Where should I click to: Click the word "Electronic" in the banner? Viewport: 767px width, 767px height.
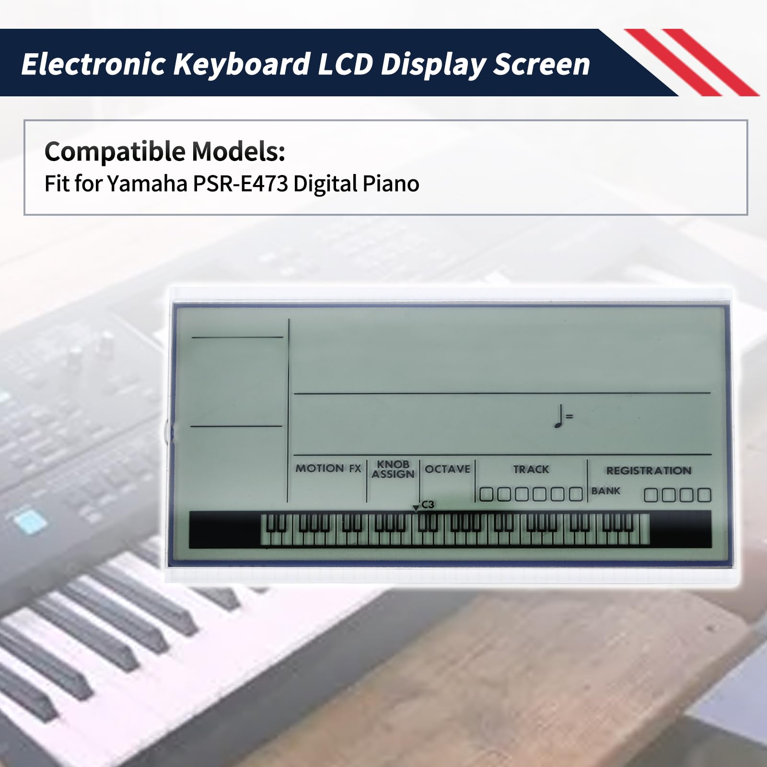click(x=94, y=64)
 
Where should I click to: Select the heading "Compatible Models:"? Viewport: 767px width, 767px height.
click(x=165, y=151)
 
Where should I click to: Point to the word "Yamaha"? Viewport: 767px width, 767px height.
click(x=147, y=183)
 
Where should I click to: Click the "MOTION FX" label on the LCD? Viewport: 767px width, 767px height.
click(x=328, y=468)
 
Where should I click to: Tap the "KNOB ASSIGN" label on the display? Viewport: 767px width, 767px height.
click(x=393, y=469)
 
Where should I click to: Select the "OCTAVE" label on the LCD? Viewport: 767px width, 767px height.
click(x=448, y=469)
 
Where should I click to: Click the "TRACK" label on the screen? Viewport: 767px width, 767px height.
click(x=531, y=469)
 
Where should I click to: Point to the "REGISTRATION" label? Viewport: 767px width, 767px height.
click(x=649, y=470)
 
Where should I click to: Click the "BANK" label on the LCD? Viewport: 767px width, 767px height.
click(x=605, y=491)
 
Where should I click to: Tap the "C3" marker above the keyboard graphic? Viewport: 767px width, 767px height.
click(x=428, y=504)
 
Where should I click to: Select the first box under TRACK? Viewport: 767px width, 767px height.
click(x=486, y=494)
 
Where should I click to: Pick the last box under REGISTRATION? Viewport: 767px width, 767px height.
click(x=704, y=495)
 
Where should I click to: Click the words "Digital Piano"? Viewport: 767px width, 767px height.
click(x=356, y=183)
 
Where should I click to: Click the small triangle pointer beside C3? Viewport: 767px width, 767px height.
click(x=416, y=508)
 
